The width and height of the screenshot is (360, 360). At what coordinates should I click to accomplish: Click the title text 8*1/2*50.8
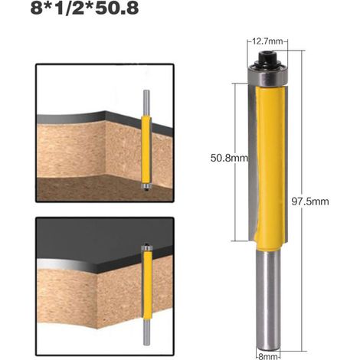coord(84,8)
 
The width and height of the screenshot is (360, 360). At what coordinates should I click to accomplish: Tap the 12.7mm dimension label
coord(267,41)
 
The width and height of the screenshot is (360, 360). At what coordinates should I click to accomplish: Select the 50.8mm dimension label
coord(229,158)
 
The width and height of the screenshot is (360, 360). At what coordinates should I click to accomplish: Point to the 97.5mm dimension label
coord(310,201)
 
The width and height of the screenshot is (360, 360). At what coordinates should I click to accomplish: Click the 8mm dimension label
coord(268,356)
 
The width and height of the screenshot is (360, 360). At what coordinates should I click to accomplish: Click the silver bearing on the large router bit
coord(268,75)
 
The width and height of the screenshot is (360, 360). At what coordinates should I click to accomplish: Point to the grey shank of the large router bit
coord(268,300)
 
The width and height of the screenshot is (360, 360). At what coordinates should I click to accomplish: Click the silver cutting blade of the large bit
coord(252,161)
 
